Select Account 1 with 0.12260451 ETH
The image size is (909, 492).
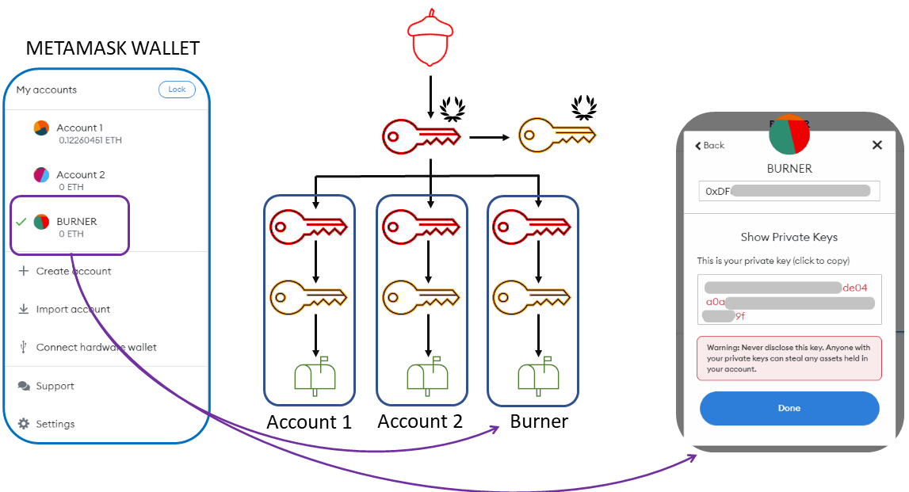(79, 133)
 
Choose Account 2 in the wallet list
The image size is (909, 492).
(79, 180)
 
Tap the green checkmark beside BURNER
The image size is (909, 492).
(21, 222)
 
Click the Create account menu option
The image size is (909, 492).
(73, 271)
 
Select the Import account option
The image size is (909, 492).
(73, 309)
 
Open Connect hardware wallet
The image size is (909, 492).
(95, 347)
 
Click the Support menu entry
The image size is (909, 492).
(54, 386)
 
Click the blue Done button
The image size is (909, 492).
(789, 408)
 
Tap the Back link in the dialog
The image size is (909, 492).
(710, 145)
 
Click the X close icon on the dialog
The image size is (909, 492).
(877, 145)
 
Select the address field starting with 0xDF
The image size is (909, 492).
(789, 191)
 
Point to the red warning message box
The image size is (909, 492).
(789, 358)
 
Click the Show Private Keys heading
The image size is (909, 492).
(789, 237)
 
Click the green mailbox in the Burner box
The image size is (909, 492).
(533, 377)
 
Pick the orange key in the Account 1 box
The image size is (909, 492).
(308, 298)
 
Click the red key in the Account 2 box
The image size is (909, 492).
(420, 228)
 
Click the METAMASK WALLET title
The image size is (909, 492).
(113, 48)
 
